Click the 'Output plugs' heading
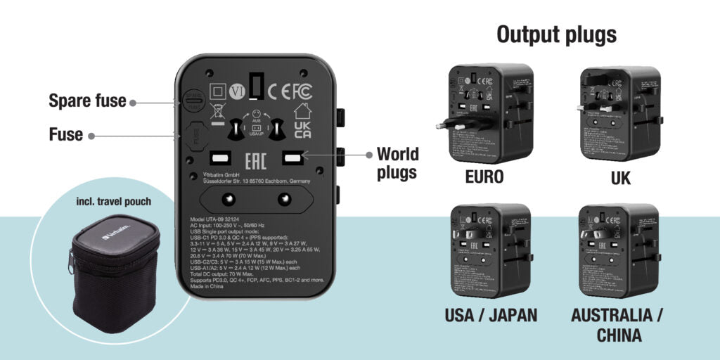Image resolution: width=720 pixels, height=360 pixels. click(x=556, y=34)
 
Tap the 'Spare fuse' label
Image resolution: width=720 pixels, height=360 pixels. click(x=87, y=101)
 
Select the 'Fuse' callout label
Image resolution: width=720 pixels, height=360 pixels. click(x=66, y=134)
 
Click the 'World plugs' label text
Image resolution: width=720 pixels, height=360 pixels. click(x=397, y=162)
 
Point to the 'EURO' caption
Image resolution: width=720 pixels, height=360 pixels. click(x=484, y=176)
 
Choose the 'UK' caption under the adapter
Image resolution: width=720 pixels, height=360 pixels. click(x=621, y=179)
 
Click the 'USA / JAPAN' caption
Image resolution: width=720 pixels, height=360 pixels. click(x=491, y=315)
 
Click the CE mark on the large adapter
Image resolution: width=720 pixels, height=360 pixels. click(x=280, y=91)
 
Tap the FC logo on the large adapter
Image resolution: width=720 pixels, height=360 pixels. click(x=302, y=91)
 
